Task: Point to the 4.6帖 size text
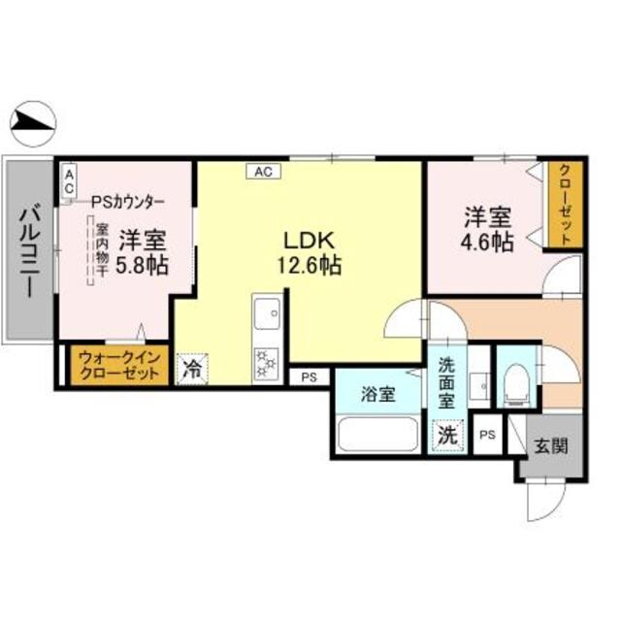point(489,243)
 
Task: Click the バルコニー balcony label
point(28,251)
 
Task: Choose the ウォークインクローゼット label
point(117,366)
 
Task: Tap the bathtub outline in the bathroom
point(378,434)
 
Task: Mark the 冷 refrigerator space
point(193,368)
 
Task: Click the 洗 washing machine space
point(447,436)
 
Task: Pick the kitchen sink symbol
point(266,316)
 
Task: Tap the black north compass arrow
point(34,122)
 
